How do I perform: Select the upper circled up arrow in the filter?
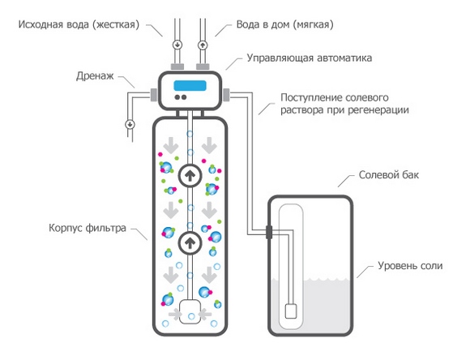[x=190, y=175]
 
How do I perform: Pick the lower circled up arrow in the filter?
[x=190, y=242]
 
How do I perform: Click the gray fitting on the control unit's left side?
[x=153, y=95]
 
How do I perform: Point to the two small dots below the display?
[x=181, y=97]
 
